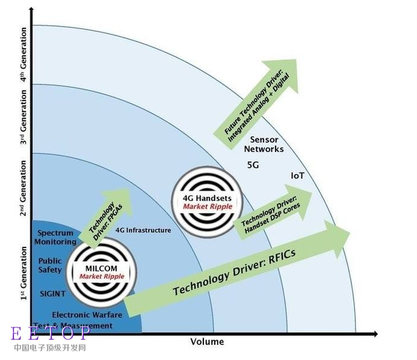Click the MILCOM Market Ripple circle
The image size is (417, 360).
101,273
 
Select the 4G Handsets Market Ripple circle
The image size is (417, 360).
206,202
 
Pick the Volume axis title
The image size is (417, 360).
207,342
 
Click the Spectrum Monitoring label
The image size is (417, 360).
55,237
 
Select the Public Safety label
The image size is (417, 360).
50,265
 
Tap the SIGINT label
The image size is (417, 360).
52,294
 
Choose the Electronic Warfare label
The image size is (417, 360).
87,315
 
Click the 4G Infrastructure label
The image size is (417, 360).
143,231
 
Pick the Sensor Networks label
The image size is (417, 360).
267,144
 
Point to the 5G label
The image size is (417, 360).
253,165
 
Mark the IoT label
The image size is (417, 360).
297,176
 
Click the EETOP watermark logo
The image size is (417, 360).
51,334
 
